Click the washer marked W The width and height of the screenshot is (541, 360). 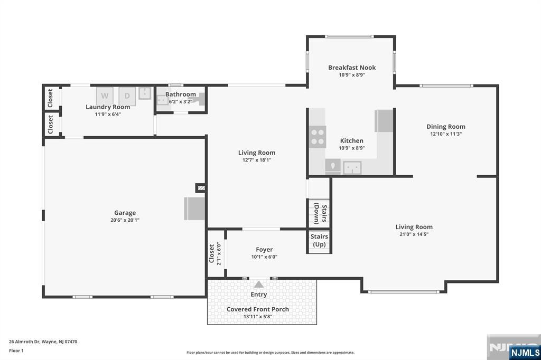[105, 96]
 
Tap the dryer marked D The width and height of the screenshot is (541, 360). [127, 96]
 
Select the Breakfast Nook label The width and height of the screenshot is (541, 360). [352, 68]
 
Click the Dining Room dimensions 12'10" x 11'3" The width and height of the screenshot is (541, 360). [446, 134]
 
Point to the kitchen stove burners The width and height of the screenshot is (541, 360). [318, 137]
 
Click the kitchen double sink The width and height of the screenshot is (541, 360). [352, 168]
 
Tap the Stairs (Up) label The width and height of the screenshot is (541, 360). [319, 240]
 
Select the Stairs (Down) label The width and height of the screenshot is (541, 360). [320, 214]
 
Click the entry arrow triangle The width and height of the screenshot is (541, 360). [259, 285]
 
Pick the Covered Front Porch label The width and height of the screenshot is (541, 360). [258, 309]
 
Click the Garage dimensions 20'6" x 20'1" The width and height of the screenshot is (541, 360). [125, 220]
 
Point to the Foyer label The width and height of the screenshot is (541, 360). [264, 250]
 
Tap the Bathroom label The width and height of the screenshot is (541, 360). [181, 94]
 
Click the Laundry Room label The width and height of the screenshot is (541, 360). [108, 107]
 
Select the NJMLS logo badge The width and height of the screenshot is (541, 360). [525, 352]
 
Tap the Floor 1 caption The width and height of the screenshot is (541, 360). [16, 350]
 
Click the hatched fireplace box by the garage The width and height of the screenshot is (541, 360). [201, 188]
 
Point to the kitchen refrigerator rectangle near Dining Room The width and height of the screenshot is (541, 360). [384, 121]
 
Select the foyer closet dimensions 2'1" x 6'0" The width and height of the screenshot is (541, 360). [219, 253]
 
